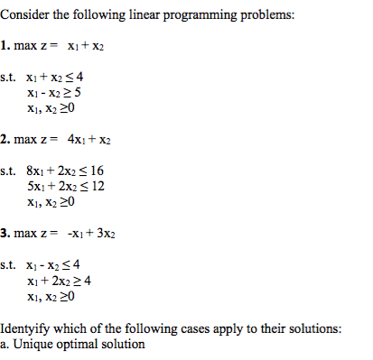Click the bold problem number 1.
5,44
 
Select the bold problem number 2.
5,140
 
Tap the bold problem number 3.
5,234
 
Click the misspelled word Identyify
26,328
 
